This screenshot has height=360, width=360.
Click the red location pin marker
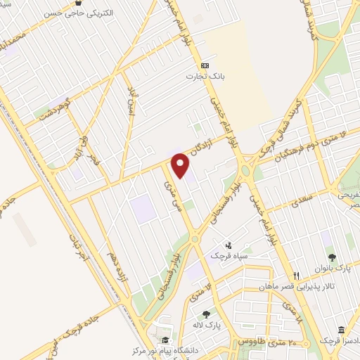click(181, 165)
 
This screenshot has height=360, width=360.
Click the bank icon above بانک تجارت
click(205, 64)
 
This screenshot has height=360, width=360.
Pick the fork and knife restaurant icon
click(297, 276)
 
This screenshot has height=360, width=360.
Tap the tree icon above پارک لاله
click(205, 314)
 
